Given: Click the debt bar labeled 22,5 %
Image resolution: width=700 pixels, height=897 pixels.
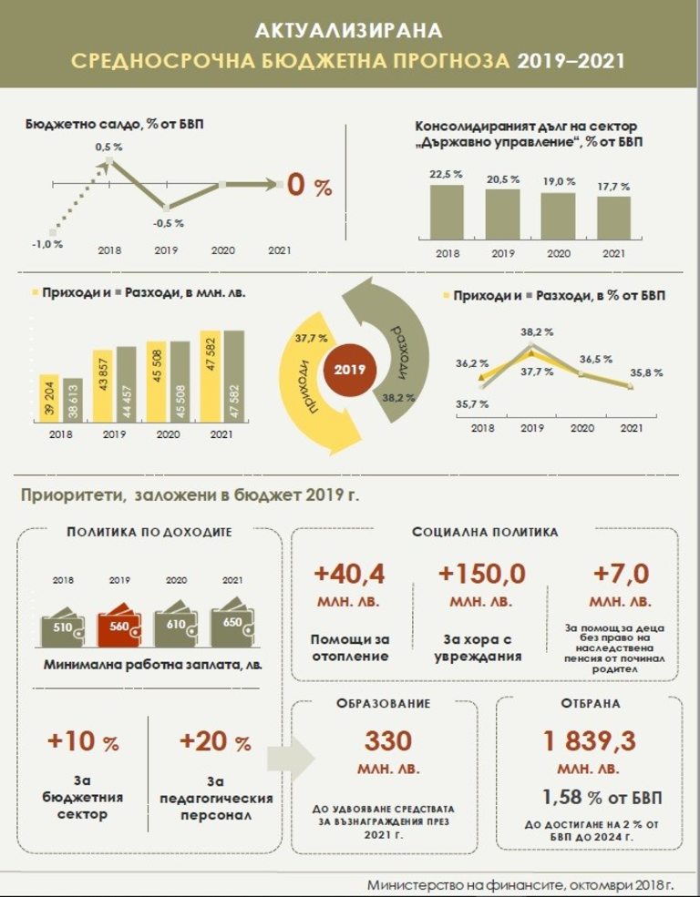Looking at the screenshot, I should pos(446,210).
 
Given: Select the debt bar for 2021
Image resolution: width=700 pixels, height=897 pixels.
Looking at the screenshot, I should pos(613,216).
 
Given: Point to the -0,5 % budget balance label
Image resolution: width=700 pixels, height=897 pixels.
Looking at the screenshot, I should pos(168,223).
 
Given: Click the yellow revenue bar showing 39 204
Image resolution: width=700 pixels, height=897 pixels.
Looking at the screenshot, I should pos(48,399).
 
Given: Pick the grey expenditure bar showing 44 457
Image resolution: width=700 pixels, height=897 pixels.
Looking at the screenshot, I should pos(126,384).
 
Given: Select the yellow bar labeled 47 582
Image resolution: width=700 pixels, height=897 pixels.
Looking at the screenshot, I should pos(211,376).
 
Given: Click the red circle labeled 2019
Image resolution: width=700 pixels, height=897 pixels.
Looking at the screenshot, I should pos(349,371).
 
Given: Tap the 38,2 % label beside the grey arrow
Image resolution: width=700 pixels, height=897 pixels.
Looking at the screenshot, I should pos(399,397).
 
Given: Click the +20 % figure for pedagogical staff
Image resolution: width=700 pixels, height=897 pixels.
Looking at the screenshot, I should pos(215,742).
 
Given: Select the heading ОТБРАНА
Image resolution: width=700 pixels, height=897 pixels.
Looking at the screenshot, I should pos(591,704).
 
